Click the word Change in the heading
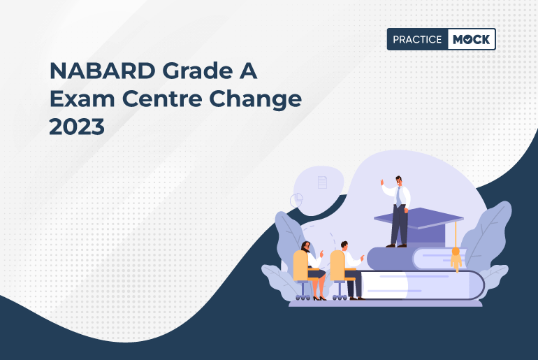click(x=261, y=99)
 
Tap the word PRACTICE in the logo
click(x=417, y=40)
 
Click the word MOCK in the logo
click(x=470, y=40)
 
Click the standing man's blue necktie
click(x=399, y=197)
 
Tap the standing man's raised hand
click(x=382, y=182)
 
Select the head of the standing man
click(x=398, y=180)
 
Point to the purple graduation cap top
click(x=419, y=217)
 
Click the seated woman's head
click(x=305, y=246)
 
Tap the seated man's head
click(x=344, y=246)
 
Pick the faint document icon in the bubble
click(x=322, y=182)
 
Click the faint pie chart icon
click(x=296, y=200)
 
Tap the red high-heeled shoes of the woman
click(x=319, y=298)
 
